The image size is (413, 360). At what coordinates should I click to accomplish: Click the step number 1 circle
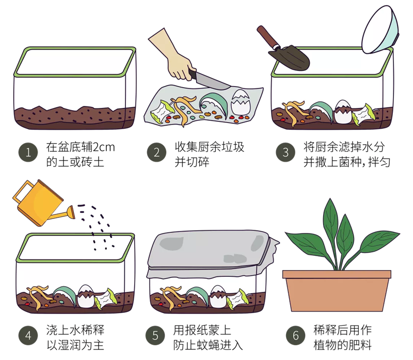pyautogui.click(x=28, y=152)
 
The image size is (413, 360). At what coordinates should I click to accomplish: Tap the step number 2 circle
pyautogui.click(x=157, y=152)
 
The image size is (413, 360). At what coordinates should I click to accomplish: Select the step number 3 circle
pyautogui.click(x=285, y=152)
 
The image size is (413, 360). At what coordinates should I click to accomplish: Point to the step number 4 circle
pyautogui.click(x=28, y=336)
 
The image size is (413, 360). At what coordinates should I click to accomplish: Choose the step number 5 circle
pyautogui.click(x=155, y=336)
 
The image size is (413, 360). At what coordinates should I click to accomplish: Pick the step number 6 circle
pyautogui.click(x=296, y=336)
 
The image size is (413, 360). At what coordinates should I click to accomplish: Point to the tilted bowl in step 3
pyautogui.click(x=380, y=30)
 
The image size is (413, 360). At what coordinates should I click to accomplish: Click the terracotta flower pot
pyautogui.click(x=337, y=290)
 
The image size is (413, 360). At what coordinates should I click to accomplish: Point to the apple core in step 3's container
pyautogui.click(x=363, y=114)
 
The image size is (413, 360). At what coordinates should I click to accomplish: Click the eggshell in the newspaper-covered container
pyautogui.click(x=217, y=296)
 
